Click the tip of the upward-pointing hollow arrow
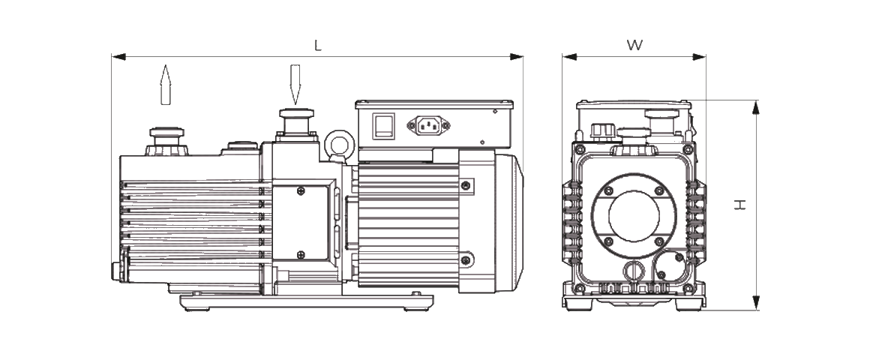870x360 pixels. tap(165, 65)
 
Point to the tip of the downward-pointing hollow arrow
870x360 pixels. tap(295, 105)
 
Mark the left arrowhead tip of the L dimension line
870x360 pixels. tap(112, 56)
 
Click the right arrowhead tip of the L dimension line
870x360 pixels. tap(523, 56)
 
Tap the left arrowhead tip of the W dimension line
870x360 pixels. tap(562, 56)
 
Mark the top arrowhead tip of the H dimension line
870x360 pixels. tap(755, 100)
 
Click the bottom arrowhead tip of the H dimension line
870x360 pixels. tap(755, 310)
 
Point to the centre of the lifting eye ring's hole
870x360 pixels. tap(339, 144)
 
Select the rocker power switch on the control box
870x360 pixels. tap(383, 125)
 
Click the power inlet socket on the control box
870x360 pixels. tap(428, 125)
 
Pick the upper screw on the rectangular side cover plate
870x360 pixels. tap(301, 192)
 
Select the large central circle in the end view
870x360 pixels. tap(634, 215)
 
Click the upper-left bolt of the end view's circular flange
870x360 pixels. tap(609, 190)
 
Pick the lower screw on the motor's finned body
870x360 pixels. tap(466, 259)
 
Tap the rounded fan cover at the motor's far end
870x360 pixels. tap(508, 223)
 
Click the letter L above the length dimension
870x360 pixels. tap(318, 46)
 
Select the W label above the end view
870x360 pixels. tap(634, 46)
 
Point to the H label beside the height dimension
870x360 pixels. tap(740, 205)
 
